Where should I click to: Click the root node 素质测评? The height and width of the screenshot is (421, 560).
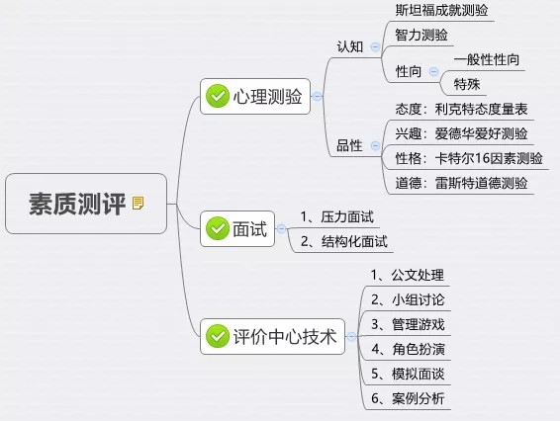(86, 204)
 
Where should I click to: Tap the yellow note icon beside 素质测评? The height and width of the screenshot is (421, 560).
(138, 203)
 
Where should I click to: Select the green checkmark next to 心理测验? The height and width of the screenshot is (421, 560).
(217, 96)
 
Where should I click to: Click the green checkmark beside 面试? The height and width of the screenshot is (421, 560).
(217, 228)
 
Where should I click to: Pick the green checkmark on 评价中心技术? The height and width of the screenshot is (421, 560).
(217, 336)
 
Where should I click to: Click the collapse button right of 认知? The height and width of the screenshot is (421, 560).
(375, 46)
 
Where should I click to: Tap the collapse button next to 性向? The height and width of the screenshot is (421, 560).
(433, 71)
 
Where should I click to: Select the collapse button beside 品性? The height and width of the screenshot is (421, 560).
(375, 145)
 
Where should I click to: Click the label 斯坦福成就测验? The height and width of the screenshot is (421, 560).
(441, 10)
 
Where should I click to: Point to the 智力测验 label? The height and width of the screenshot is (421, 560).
(421, 35)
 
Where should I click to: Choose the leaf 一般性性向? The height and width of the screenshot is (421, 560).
(487, 59)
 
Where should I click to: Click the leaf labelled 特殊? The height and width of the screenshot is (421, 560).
(467, 84)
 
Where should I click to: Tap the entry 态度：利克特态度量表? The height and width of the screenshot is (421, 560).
(461, 109)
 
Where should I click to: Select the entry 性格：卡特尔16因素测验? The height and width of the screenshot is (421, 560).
(469, 158)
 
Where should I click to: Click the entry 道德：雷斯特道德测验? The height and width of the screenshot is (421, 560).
(461, 183)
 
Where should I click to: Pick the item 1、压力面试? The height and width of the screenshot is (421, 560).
(337, 216)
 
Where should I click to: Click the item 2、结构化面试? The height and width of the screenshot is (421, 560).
(344, 241)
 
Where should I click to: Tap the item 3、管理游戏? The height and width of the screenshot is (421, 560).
(408, 324)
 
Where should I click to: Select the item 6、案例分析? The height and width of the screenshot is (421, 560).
(408, 398)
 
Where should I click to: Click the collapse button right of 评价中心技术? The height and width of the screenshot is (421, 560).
(351, 336)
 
